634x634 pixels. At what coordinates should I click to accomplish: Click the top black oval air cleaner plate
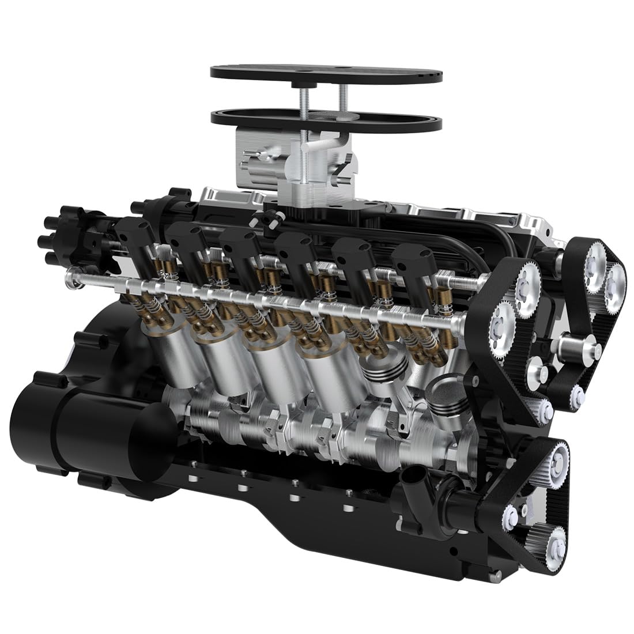pos(326,74)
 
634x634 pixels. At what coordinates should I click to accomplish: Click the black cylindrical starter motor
pos(86,427)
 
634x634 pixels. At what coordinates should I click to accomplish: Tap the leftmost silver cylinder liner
pos(176,352)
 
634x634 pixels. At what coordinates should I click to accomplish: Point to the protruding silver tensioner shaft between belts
pos(576,348)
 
